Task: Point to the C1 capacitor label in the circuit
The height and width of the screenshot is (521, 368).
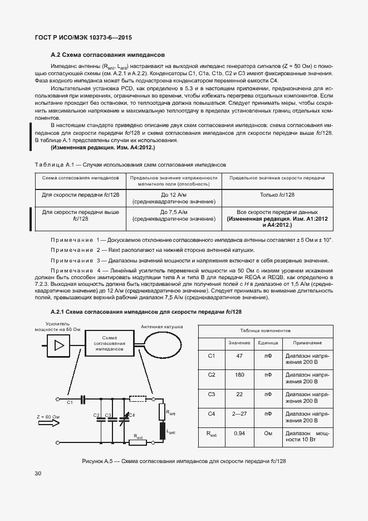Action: pos(70,402)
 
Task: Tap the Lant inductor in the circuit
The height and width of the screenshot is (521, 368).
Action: pos(163,431)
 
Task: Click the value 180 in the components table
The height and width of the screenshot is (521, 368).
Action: pos(240,375)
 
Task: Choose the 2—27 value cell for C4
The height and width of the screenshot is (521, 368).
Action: pos(240,413)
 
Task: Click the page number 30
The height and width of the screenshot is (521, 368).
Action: pos(38,473)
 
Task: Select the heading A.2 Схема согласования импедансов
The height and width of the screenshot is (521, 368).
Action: pos(107,55)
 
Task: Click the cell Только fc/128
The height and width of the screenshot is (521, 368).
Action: pos(277,194)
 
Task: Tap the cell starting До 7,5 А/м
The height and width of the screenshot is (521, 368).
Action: pos(173,216)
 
